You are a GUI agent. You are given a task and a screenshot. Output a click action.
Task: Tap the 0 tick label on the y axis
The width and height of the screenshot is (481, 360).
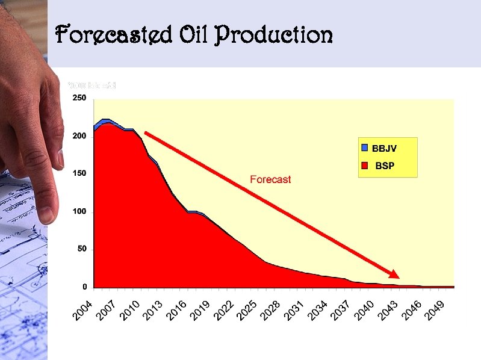85,287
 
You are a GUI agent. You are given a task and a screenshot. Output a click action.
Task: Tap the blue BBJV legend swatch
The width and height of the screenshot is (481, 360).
364,147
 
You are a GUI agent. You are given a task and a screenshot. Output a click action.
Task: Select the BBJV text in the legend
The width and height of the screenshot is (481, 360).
384,148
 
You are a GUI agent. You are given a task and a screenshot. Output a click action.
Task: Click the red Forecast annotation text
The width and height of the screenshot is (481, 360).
270,179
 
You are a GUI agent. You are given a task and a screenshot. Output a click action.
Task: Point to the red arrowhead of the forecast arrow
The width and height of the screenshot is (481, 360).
393,274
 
